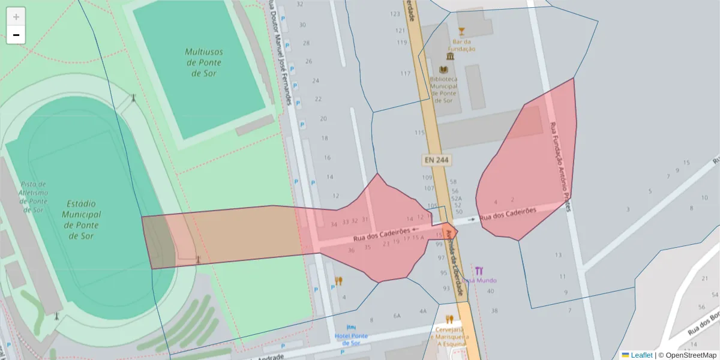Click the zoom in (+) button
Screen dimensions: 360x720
[16, 17]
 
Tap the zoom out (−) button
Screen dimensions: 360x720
[16, 35]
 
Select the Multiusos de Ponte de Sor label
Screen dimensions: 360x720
[203, 62]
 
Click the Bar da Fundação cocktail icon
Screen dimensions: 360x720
[461, 31]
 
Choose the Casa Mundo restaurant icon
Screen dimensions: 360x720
[479, 271]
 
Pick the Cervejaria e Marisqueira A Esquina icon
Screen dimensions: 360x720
[449, 319]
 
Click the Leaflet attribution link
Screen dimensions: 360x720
[641, 355]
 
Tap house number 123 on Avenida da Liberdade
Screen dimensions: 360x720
[395, 14]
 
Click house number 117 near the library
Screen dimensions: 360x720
[406, 74]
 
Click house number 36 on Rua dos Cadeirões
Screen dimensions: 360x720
[352, 250]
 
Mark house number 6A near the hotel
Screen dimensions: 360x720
[397, 316]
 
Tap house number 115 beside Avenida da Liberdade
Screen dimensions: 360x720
[419, 133]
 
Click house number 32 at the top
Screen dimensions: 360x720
[300, 4]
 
